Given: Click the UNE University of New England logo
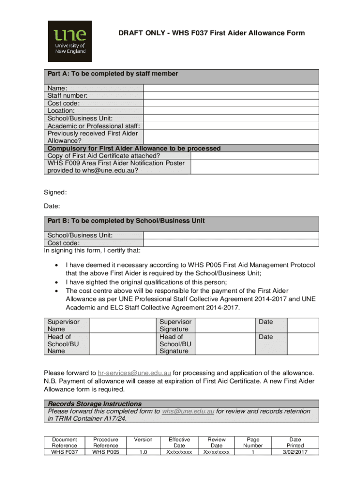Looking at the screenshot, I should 70,41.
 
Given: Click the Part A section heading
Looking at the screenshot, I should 112,74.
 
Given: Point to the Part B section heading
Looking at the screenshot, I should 125,221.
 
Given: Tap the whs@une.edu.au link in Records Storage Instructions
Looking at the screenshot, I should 188,411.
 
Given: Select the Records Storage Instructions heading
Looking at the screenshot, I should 95,404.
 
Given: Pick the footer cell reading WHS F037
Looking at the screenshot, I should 65,451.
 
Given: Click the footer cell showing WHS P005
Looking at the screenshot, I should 106,451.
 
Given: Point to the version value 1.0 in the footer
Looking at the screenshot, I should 143,451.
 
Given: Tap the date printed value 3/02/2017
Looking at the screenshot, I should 295,451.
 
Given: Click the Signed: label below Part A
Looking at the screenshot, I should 55,192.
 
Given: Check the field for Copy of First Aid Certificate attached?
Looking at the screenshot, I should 255,156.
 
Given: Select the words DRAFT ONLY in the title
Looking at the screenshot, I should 140,33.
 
